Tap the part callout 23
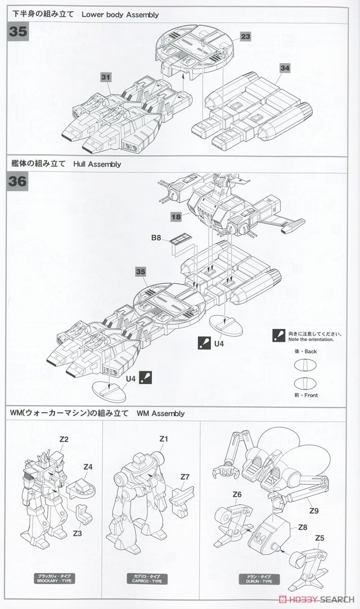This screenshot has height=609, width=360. click(x=246, y=37)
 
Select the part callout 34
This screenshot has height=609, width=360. click(x=284, y=67)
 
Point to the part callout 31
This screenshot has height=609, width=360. click(x=106, y=77)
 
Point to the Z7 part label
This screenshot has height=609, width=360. click(x=185, y=477)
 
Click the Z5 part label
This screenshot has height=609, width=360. click(x=319, y=538)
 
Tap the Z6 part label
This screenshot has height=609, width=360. click(x=237, y=494)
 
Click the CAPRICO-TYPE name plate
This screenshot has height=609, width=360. click(x=147, y=579)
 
